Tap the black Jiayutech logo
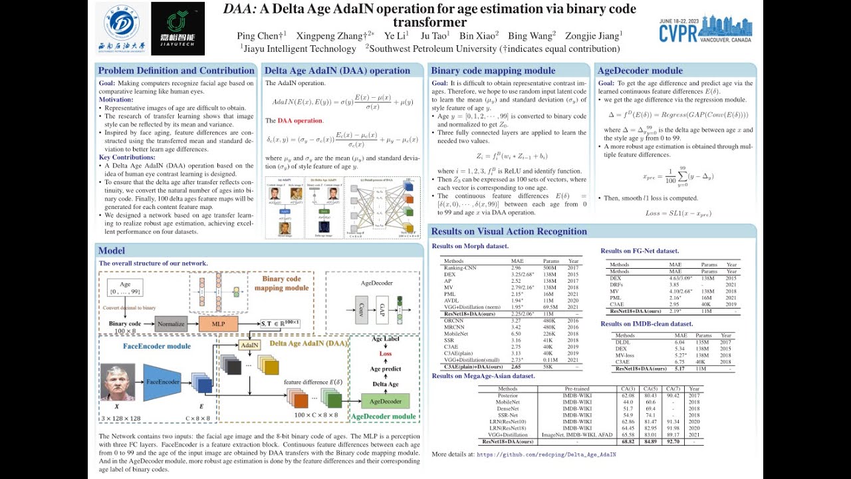[x=178, y=28]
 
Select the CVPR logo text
[x=677, y=34]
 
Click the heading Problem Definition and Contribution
[x=176, y=71]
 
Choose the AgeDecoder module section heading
[x=640, y=71]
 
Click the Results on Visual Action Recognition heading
[x=509, y=232]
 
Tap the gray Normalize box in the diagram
[x=171, y=325]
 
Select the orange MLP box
[x=217, y=325]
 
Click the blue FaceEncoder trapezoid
[x=162, y=382]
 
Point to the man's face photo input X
[x=118, y=382]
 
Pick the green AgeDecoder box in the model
[x=386, y=401]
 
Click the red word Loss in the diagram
[x=386, y=354]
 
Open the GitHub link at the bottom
[x=547, y=455]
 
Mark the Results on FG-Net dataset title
[x=640, y=251]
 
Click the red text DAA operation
[x=299, y=120]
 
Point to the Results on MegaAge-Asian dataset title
[x=483, y=376]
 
